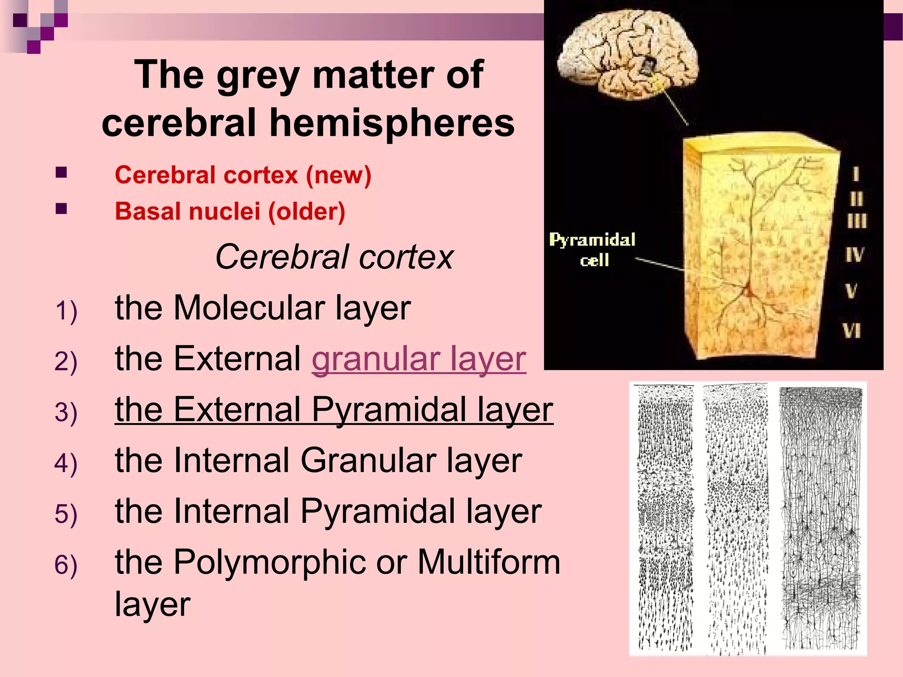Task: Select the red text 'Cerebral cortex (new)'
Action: (243, 175)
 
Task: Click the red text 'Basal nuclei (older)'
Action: (230, 211)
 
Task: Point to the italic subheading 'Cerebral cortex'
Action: (334, 257)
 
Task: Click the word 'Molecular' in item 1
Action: (249, 308)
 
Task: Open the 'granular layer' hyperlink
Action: (419, 359)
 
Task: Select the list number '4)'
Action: (66, 464)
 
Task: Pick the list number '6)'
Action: (66, 565)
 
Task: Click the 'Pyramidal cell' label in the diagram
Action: (593, 250)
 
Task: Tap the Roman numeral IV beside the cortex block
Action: (854, 254)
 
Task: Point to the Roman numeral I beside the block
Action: (856, 174)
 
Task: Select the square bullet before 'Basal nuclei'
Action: (61, 208)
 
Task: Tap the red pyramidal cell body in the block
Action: (748, 291)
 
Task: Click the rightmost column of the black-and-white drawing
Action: (821, 518)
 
